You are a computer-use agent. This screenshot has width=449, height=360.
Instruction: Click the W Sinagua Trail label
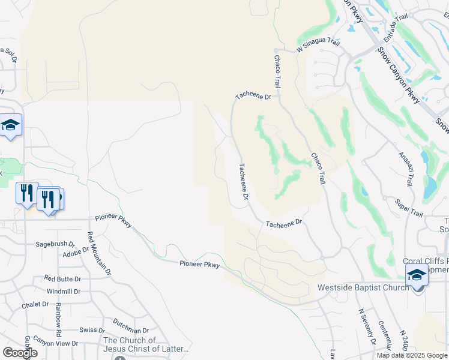tap(318, 43)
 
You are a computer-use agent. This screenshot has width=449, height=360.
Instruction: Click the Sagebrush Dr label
tap(55, 245)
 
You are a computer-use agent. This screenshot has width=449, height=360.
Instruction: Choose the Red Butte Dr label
tap(62, 279)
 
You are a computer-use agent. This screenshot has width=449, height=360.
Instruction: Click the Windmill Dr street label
tap(63, 292)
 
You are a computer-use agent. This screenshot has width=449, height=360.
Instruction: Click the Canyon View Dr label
tap(55, 343)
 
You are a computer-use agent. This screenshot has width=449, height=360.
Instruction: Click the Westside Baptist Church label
tap(363, 287)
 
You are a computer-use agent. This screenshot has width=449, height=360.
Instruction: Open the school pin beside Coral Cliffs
tap(417, 275)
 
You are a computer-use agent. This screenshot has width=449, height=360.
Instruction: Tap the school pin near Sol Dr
tap(10, 125)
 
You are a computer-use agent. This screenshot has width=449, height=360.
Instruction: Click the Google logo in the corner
tap(20, 352)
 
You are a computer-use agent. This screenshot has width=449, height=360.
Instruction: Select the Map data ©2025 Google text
tap(412, 355)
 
